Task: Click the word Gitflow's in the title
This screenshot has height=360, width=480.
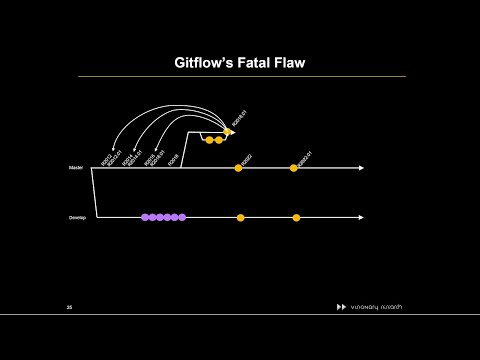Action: click(x=198, y=62)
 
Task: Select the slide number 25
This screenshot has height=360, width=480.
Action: click(x=69, y=306)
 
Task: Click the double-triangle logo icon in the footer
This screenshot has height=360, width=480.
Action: click(x=341, y=306)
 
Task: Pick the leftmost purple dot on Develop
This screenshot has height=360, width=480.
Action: click(x=145, y=217)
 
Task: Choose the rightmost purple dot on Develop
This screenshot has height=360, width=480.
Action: click(x=182, y=217)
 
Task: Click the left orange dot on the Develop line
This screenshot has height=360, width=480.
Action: click(x=240, y=217)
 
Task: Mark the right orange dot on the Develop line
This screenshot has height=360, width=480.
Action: click(x=296, y=217)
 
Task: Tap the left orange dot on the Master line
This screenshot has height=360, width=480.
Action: click(x=238, y=168)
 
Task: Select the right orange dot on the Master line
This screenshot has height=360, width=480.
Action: click(x=294, y=168)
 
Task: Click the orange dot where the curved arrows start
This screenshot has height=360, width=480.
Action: click(x=228, y=131)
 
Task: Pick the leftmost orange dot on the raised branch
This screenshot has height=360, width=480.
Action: click(x=208, y=140)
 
